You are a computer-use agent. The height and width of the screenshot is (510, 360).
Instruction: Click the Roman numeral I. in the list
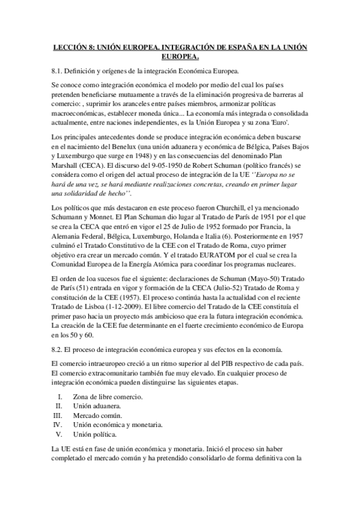pyautogui.click(x=59, y=397)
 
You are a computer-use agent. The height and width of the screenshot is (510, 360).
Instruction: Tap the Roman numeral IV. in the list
pyautogui.click(x=58, y=424)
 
